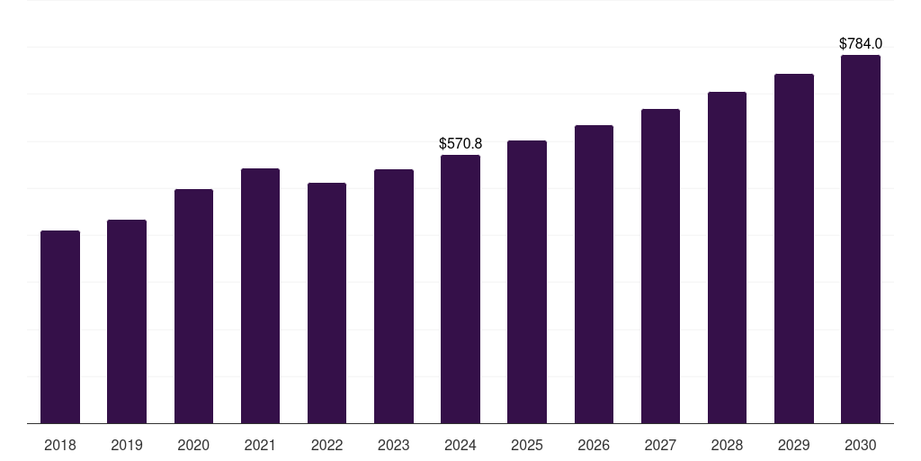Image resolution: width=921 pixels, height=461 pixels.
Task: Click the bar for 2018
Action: pos(60,327)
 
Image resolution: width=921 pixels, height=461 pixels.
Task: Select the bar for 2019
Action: pos(127,321)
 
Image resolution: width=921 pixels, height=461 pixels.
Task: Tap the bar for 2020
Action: pos(193,306)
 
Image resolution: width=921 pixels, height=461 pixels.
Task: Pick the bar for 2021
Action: pos(260,295)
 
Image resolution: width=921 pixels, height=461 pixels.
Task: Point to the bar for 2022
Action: pos(326,303)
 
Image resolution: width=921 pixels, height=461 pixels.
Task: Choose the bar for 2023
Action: pos(394,296)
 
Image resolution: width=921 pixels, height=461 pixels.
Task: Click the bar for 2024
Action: pos(460,289)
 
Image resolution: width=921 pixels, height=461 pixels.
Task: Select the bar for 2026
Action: pos(594,274)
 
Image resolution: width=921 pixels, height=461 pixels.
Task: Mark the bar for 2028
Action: pos(727,258)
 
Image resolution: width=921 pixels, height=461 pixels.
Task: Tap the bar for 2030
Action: pos(861,240)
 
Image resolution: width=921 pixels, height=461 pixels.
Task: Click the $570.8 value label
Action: pos(460,143)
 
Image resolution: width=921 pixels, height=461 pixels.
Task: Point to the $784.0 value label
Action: pos(861,43)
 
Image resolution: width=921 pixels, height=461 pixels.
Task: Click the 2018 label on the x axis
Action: pos(60,445)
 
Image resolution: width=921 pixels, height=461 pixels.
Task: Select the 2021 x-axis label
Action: pos(260,445)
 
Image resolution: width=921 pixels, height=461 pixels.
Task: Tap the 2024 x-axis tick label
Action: pos(460,445)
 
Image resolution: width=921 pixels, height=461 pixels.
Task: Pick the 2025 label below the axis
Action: pos(527,445)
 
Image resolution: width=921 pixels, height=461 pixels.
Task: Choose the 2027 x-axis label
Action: pos(660,445)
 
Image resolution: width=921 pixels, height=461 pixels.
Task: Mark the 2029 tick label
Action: pos(793,445)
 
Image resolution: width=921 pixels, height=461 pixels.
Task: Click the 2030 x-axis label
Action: pos(861,445)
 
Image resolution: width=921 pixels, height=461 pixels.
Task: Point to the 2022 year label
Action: pos(326,445)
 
